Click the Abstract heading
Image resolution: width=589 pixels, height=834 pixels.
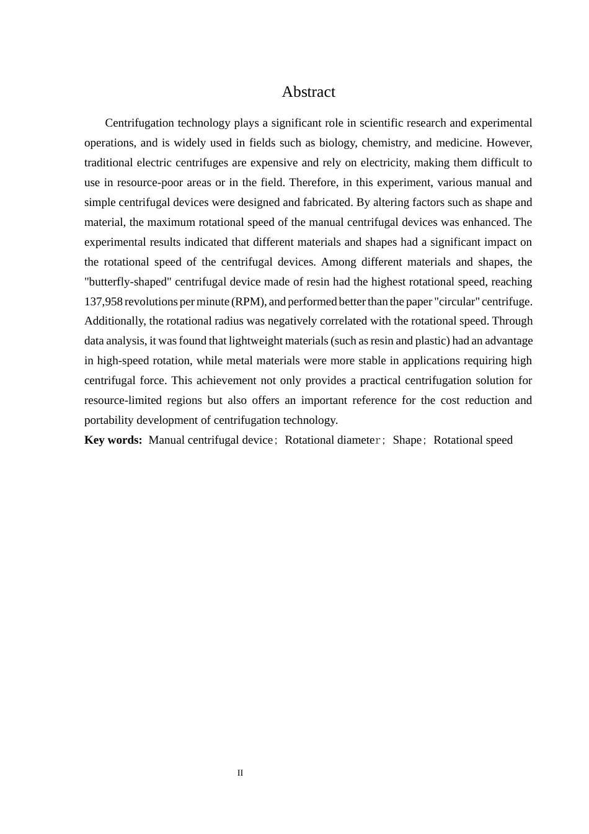pos(308,92)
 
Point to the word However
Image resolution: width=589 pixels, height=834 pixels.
pos(509,143)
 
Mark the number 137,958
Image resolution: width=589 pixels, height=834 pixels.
pos(103,302)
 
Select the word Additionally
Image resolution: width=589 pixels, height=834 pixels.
pos(115,321)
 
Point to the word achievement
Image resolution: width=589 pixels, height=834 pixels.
pos(228,380)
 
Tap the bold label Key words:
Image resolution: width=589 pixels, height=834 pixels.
pos(113,440)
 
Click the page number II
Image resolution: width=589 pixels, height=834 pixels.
pos(240,773)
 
